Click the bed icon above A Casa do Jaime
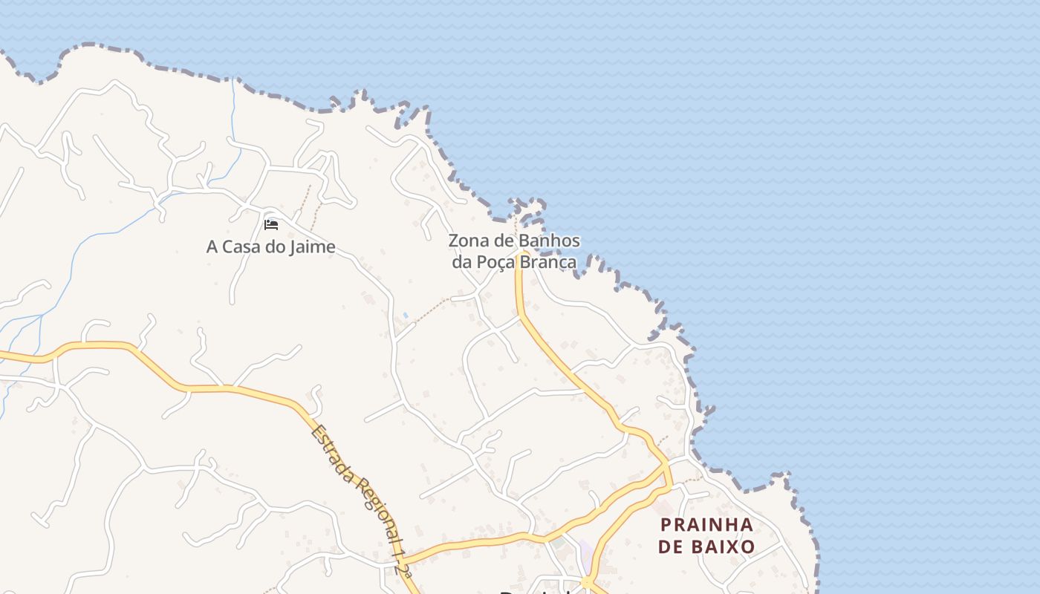point(271,224)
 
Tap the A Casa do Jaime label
point(270,247)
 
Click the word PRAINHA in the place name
point(706,525)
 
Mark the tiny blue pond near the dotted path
point(405,316)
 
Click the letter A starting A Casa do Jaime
point(212,247)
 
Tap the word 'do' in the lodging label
point(276,247)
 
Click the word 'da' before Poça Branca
point(462,262)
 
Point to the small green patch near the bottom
point(558,544)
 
